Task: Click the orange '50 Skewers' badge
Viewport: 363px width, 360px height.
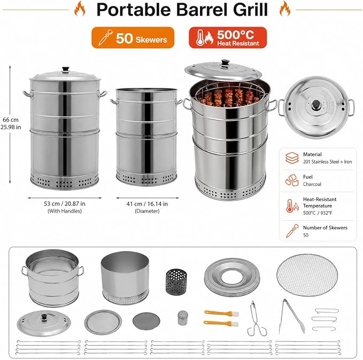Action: click(x=133, y=38)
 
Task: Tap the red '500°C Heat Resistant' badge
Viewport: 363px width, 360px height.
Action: click(x=228, y=38)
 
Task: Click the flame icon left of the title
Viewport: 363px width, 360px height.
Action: click(x=80, y=9)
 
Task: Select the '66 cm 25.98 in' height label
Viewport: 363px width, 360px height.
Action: click(x=11, y=123)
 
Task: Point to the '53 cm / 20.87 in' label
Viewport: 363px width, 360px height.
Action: click(x=65, y=204)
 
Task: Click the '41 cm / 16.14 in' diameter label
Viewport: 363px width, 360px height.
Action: click(x=147, y=204)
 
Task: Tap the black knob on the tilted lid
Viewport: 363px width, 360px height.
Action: click(x=225, y=62)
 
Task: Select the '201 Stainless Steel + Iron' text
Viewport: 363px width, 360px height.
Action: click(x=327, y=162)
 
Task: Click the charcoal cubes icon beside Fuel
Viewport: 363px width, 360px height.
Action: click(x=292, y=180)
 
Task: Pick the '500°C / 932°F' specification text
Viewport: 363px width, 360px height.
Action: click(x=318, y=213)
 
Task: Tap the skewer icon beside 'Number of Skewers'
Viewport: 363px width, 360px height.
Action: click(x=292, y=231)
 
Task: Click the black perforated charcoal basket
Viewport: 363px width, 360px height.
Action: click(x=176, y=282)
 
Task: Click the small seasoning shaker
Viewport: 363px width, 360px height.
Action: click(x=183, y=318)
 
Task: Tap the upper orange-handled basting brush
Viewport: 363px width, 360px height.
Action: click(x=221, y=314)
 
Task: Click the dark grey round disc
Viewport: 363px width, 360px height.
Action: click(x=146, y=322)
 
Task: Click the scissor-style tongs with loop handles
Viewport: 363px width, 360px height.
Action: click(x=256, y=318)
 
